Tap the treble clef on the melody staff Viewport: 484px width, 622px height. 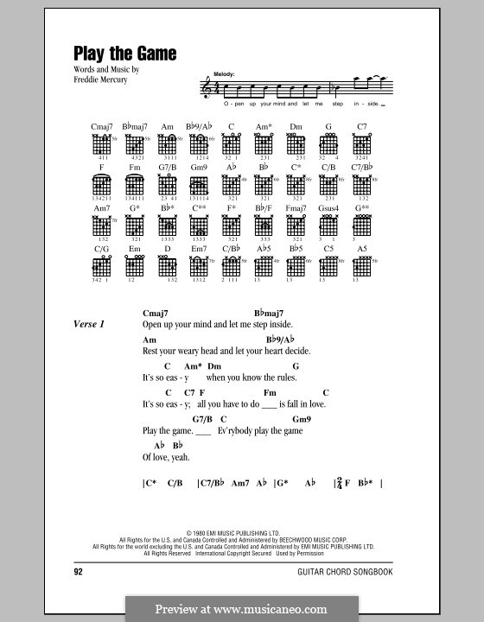click(x=206, y=87)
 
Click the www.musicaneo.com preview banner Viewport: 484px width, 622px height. click(x=241, y=607)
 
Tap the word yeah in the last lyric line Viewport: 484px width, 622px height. click(x=180, y=457)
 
